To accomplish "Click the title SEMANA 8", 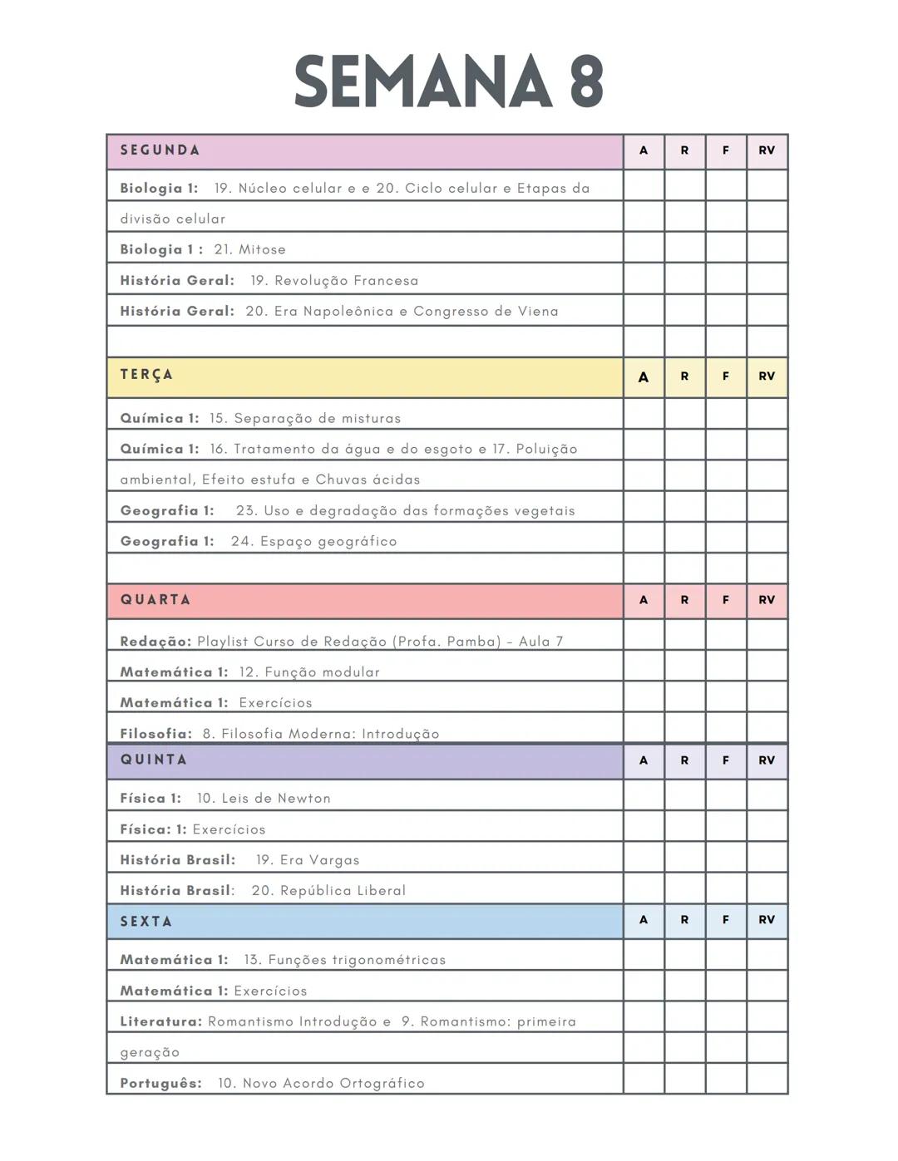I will tap(448, 81).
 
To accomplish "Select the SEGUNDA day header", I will tap(160, 150).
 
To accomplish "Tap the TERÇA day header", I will tap(146, 375).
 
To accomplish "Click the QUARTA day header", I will tap(155, 600).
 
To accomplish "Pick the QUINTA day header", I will tap(154, 760).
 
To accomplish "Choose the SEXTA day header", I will tap(146, 921).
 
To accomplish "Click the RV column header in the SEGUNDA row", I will tap(767, 150).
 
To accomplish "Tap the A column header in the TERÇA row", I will tap(644, 376).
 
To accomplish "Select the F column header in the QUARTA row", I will tap(726, 600).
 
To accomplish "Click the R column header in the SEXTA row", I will tap(684, 920).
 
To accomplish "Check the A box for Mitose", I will tap(644, 248).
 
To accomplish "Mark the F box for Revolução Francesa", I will tap(726, 279).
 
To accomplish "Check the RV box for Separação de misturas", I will tap(767, 415).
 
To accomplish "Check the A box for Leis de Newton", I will tap(644, 795).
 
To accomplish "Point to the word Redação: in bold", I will tap(155, 642).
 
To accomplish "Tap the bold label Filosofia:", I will tap(155, 734).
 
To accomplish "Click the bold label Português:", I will tap(160, 1084).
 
